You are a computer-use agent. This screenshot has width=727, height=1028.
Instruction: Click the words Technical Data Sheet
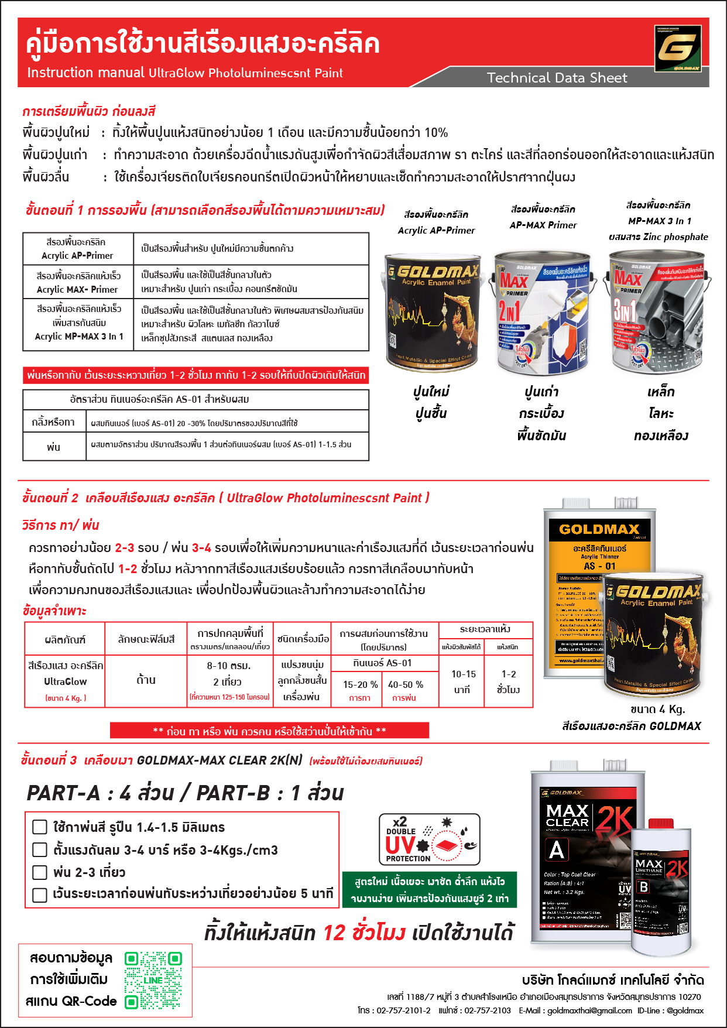coord(557,78)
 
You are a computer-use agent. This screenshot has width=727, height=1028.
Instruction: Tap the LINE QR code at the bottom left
coord(153,980)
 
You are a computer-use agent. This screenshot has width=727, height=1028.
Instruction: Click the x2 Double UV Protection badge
coord(430,839)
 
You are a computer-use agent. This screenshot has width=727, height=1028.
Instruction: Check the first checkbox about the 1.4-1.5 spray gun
coord(40,827)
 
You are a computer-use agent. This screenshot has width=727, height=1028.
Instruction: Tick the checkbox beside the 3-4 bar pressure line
coord(40,849)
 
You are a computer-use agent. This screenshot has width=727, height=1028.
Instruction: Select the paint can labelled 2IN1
coord(541,313)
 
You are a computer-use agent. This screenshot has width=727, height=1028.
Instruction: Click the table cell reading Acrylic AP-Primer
coord(78,249)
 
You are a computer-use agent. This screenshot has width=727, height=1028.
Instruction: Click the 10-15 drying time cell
coord(462,682)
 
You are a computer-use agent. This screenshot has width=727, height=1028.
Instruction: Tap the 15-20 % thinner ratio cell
coord(360,690)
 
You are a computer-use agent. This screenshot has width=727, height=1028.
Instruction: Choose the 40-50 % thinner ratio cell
coord(405,690)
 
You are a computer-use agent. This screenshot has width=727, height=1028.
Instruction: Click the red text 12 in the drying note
coord(334,933)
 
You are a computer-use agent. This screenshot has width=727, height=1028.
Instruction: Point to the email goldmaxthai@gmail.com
coord(589,1010)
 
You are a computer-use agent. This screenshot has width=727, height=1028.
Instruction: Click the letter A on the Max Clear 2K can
coord(557,849)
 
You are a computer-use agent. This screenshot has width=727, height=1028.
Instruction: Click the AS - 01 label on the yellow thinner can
coord(599,566)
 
